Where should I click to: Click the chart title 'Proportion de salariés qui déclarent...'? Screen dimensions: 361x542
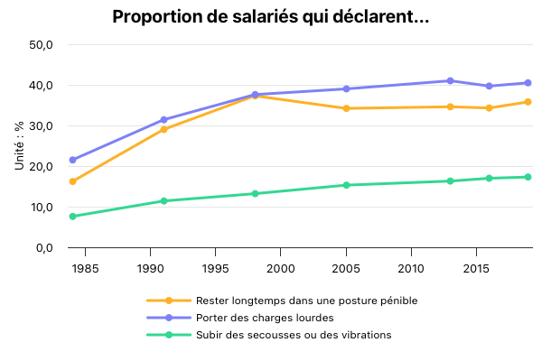(x=270, y=16)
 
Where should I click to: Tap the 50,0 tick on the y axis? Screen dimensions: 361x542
(x=42, y=45)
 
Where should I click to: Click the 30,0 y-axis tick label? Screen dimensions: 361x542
(x=42, y=126)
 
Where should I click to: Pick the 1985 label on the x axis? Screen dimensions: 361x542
(x=85, y=269)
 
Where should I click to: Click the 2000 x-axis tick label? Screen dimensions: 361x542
(x=280, y=269)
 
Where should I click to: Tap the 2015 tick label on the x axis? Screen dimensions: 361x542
(x=476, y=269)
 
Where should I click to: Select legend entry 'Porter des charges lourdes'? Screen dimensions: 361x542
(x=265, y=318)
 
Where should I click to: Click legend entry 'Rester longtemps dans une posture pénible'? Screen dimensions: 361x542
(x=306, y=301)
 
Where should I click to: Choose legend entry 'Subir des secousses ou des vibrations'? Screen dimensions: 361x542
(x=293, y=335)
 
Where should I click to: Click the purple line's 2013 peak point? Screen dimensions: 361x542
(x=450, y=81)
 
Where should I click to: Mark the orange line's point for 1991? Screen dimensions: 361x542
(x=164, y=130)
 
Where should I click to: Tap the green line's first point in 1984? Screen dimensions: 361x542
(x=72, y=217)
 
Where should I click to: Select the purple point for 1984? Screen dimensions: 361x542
(x=72, y=160)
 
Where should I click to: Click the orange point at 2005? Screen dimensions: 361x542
(x=346, y=108)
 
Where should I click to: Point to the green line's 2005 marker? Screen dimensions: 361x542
(x=346, y=185)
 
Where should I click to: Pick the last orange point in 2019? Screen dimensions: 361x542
(x=528, y=102)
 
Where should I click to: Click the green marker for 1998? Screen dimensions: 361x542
(x=255, y=194)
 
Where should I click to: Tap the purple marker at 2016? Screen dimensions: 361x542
(x=489, y=87)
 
